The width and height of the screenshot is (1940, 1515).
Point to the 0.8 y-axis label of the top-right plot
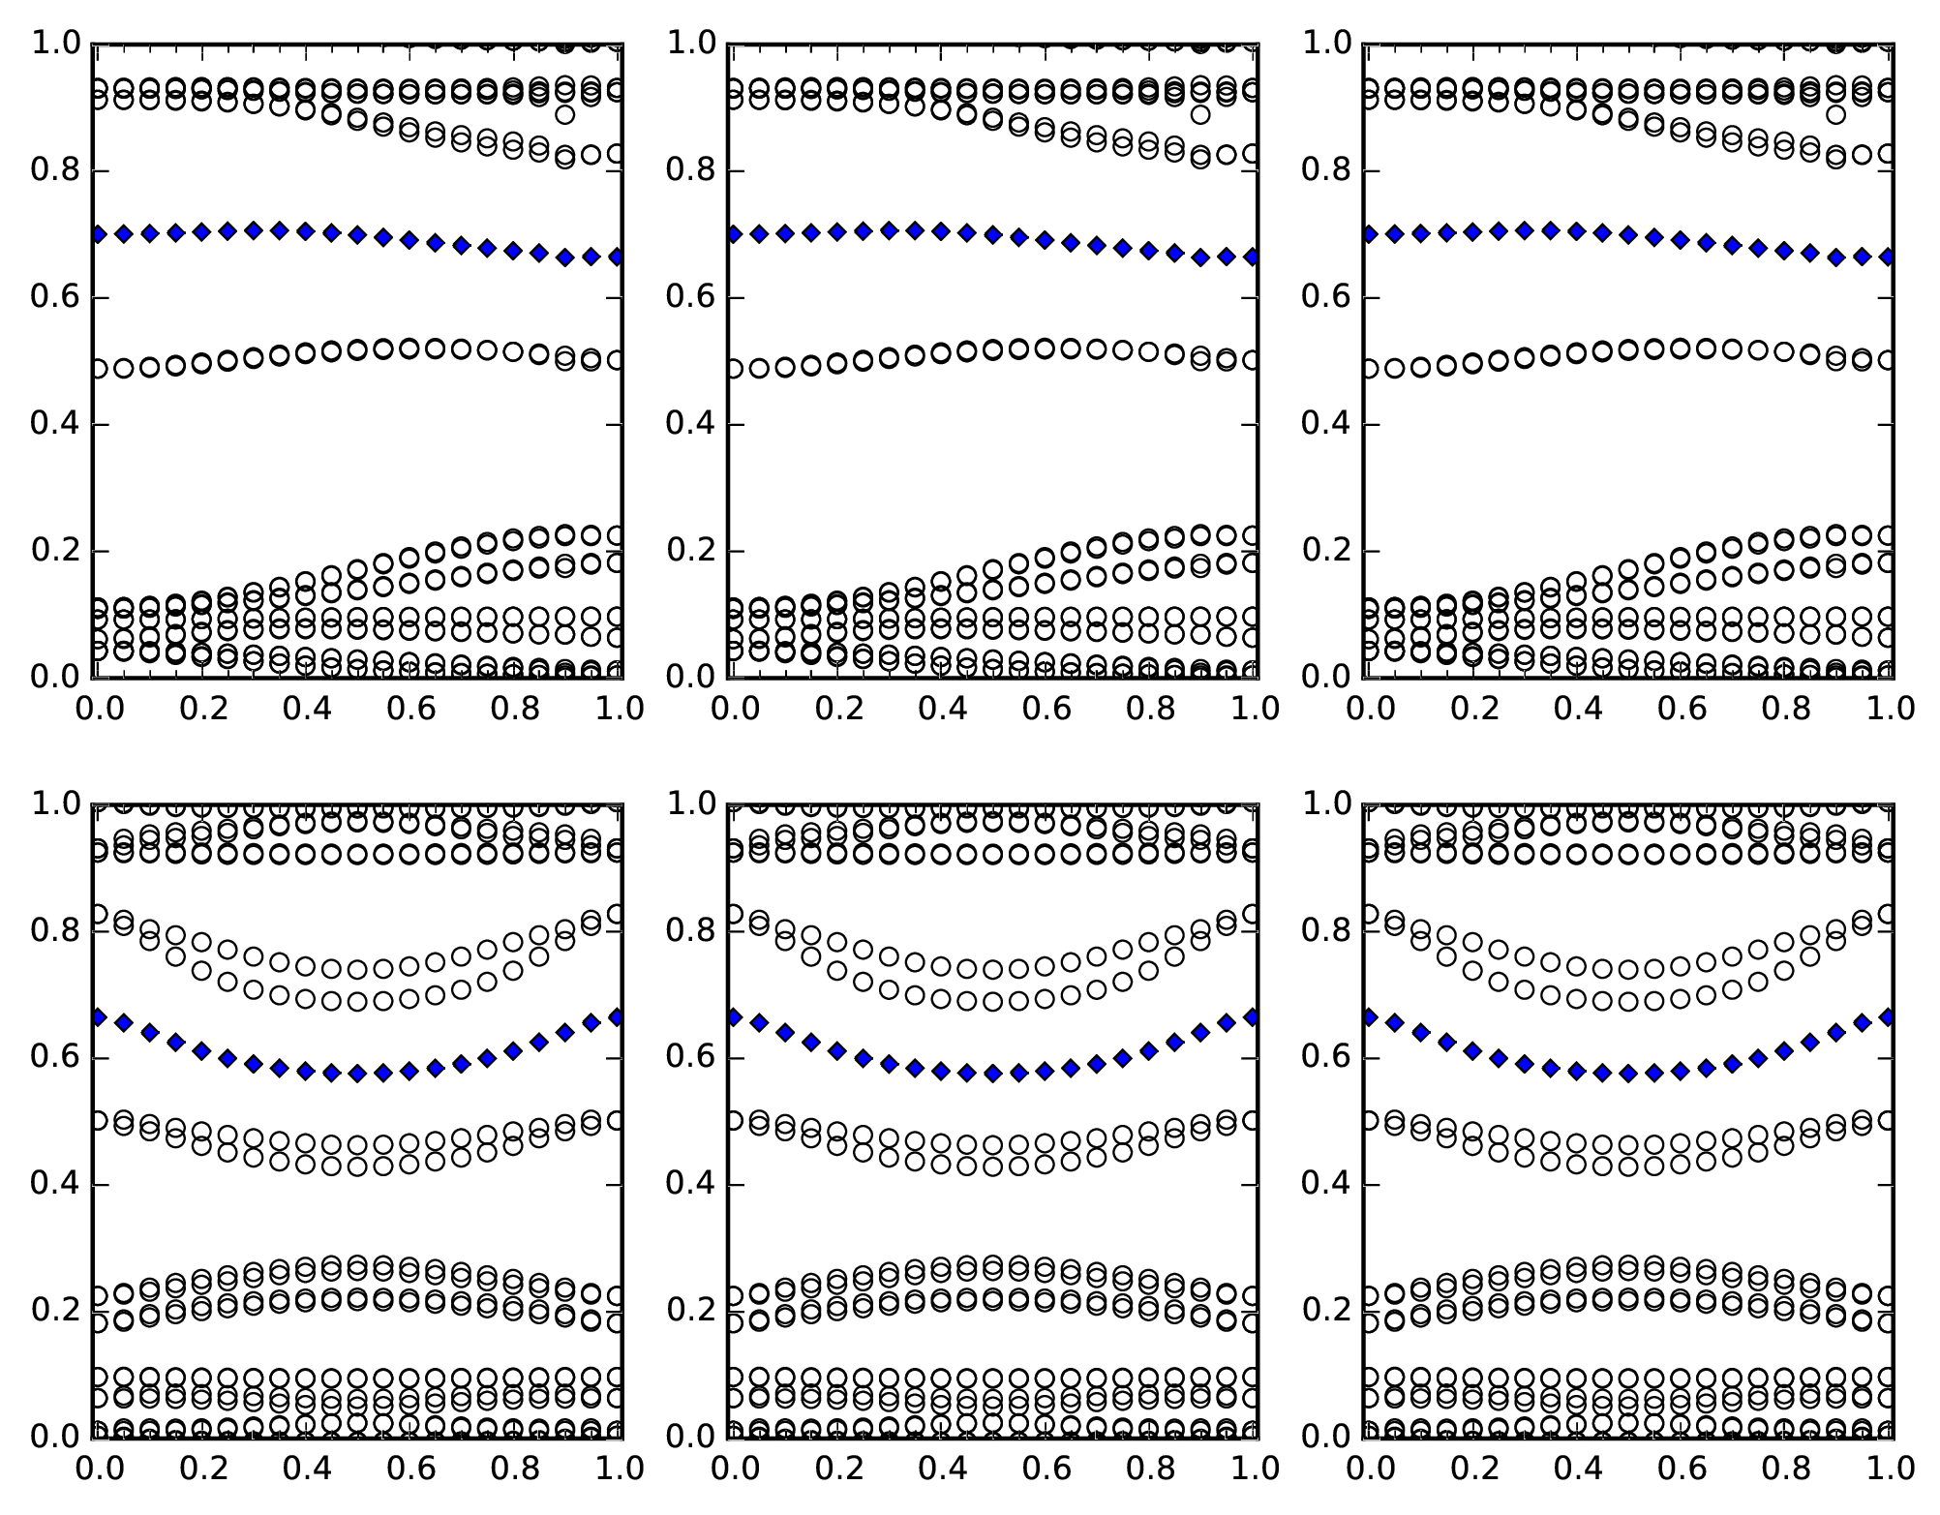coord(1321,171)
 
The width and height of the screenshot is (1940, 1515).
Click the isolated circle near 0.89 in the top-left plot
coord(565,114)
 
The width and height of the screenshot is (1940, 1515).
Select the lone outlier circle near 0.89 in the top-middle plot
coord(1200,114)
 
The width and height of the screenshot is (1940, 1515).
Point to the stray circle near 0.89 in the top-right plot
coord(1835,114)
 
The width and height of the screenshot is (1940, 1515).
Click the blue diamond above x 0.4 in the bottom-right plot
coord(1577,1071)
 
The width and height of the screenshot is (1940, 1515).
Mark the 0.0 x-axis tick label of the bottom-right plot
coord(1367,1469)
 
